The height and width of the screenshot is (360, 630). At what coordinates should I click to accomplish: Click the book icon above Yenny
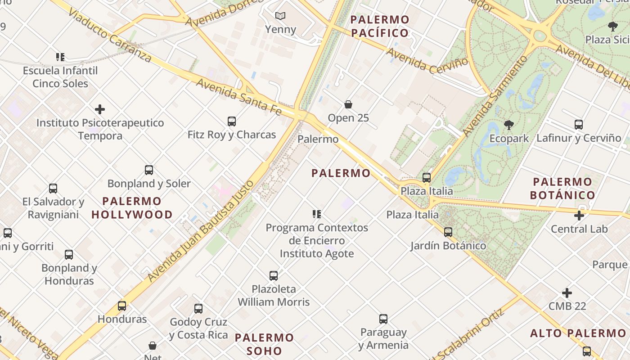click(x=280, y=16)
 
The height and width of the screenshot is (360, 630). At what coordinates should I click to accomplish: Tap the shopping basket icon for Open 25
click(x=348, y=105)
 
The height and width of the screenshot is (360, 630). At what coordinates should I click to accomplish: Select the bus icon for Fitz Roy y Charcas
click(x=232, y=121)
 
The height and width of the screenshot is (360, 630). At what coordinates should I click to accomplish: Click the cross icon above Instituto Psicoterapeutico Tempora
click(x=100, y=109)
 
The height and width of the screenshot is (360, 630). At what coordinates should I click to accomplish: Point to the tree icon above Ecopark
click(x=509, y=125)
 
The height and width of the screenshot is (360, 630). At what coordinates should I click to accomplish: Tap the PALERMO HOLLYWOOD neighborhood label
click(x=132, y=208)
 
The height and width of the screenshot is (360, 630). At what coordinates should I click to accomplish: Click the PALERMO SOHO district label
click(x=264, y=344)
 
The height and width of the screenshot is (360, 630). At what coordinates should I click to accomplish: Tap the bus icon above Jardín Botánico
click(x=448, y=232)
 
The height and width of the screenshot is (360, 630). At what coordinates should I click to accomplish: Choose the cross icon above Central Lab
click(x=579, y=216)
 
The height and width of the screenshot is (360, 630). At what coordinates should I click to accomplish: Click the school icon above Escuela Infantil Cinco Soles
click(x=60, y=57)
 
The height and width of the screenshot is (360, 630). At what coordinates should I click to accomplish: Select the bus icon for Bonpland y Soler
click(x=149, y=170)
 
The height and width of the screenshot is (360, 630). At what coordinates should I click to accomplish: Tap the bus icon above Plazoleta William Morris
click(x=274, y=276)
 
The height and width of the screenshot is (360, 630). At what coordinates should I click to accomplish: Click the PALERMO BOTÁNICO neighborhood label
click(x=562, y=189)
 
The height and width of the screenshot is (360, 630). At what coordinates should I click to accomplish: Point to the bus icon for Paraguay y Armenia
click(x=383, y=319)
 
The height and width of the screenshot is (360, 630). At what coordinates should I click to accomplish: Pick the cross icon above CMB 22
click(x=567, y=293)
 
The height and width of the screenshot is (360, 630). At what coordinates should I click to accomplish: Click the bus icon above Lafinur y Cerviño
click(x=579, y=125)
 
